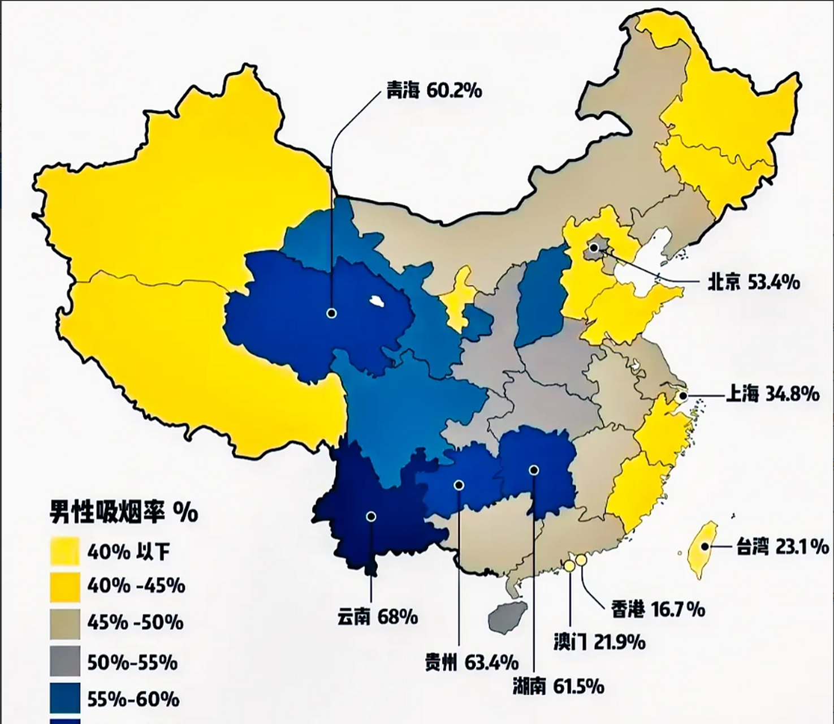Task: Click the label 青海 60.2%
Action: click(x=434, y=90)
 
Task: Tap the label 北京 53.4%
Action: click(x=754, y=282)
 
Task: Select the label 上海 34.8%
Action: click(x=772, y=394)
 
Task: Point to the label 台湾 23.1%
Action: click(x=783, y=546)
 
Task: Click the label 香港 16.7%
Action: click(x=658, y=609)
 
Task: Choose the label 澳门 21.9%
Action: click(x=599, y=643)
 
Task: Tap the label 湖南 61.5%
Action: click(x=558, y=686)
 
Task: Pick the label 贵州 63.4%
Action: click(x=472, y=661)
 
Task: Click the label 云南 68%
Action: click(x=377, y=616)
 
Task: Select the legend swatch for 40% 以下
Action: click(x=65, y=551)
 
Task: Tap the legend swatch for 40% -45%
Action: click(x=65, y=587)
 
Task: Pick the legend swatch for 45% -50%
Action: click(x=65, y=623)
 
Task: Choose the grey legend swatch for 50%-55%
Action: click(x=65, y=661)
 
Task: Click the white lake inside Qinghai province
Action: click(x=374, y=301)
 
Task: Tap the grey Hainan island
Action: click(x=507, y=616)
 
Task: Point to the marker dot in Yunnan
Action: click(x=371, y=516)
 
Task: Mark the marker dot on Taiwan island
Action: click(x=705, y=546)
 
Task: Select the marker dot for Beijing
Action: click(x=594, y=248)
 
